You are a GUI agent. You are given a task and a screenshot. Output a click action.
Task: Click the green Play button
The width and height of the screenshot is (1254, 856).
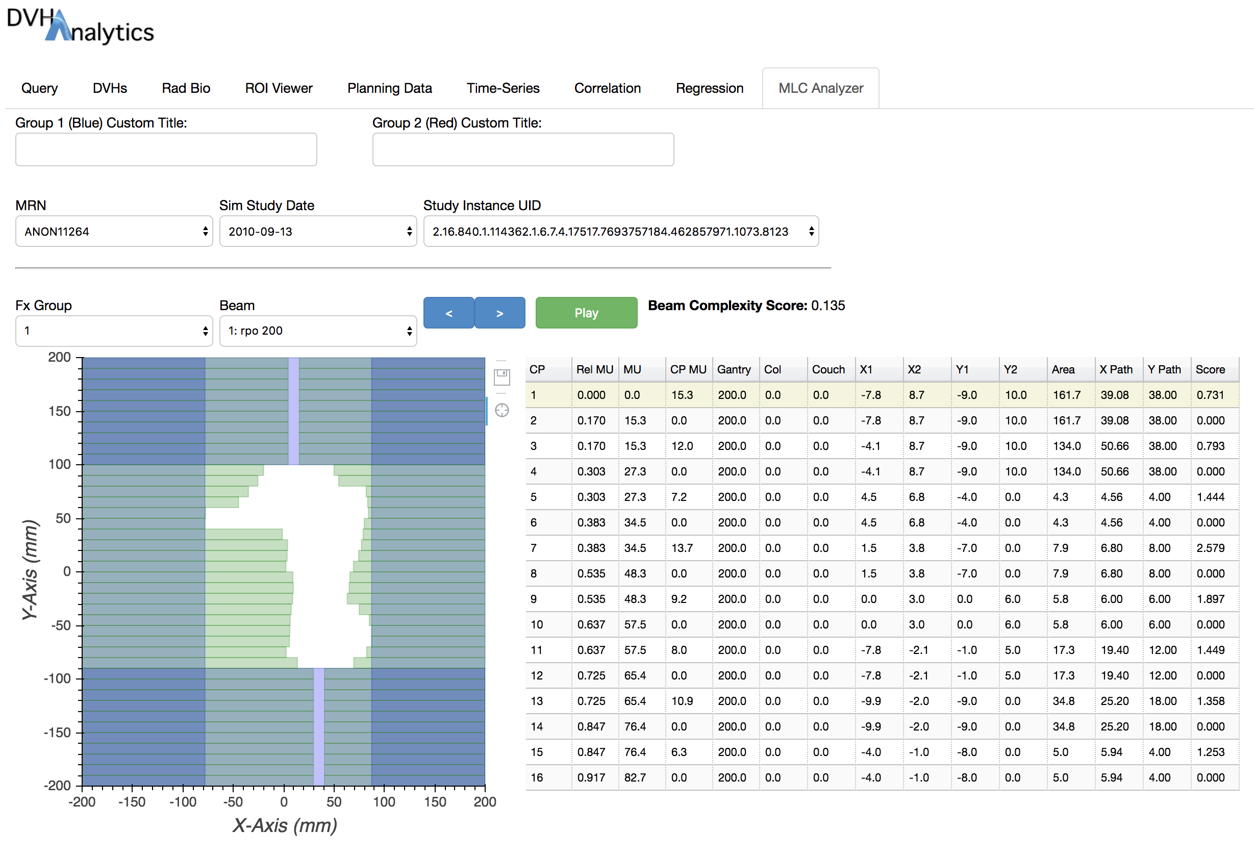click(x=586, y=313)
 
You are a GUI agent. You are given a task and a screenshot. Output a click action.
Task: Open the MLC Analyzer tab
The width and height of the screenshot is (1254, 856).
click(x=820, y=88)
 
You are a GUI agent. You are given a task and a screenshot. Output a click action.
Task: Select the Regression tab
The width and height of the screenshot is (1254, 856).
click(x=709, y=88)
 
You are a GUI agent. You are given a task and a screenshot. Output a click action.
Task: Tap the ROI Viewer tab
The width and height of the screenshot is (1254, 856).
click(x=279, y=88)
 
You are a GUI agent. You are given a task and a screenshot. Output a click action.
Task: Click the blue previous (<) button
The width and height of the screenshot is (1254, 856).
click(x=448, y=313)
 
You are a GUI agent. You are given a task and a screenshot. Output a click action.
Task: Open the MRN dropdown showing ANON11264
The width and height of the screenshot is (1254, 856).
click(x=114, y=232)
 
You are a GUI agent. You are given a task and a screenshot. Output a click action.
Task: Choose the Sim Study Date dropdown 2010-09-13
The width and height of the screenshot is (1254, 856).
click(x=318, y=232)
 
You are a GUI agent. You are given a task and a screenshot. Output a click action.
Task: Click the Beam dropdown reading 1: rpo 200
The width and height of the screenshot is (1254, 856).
click(x=318, y=331)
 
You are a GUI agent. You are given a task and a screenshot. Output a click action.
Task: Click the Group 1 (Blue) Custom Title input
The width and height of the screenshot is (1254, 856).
click(x=166, y=149)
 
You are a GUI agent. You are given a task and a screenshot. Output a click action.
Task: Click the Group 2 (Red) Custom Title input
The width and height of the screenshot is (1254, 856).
click(x=522, y=149)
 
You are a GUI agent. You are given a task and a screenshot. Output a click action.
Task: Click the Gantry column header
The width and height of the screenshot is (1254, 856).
click(x=733, y=369)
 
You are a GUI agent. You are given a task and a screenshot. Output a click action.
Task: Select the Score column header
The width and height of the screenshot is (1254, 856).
click(x=1210, y=369)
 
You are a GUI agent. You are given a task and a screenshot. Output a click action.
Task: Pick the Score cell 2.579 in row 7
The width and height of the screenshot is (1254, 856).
click(x=1210, y=548)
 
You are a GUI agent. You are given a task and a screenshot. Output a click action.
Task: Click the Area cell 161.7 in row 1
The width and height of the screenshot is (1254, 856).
click(x=1066, y=395)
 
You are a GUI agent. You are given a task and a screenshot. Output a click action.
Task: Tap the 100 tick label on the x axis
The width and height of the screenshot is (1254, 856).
click(x=384, y=802)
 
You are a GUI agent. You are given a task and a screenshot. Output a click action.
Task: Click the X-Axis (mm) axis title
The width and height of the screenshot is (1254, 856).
click(x=284, y=825)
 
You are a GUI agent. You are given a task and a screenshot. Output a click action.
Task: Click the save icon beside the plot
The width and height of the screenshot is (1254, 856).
click(x=502, y=377)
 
